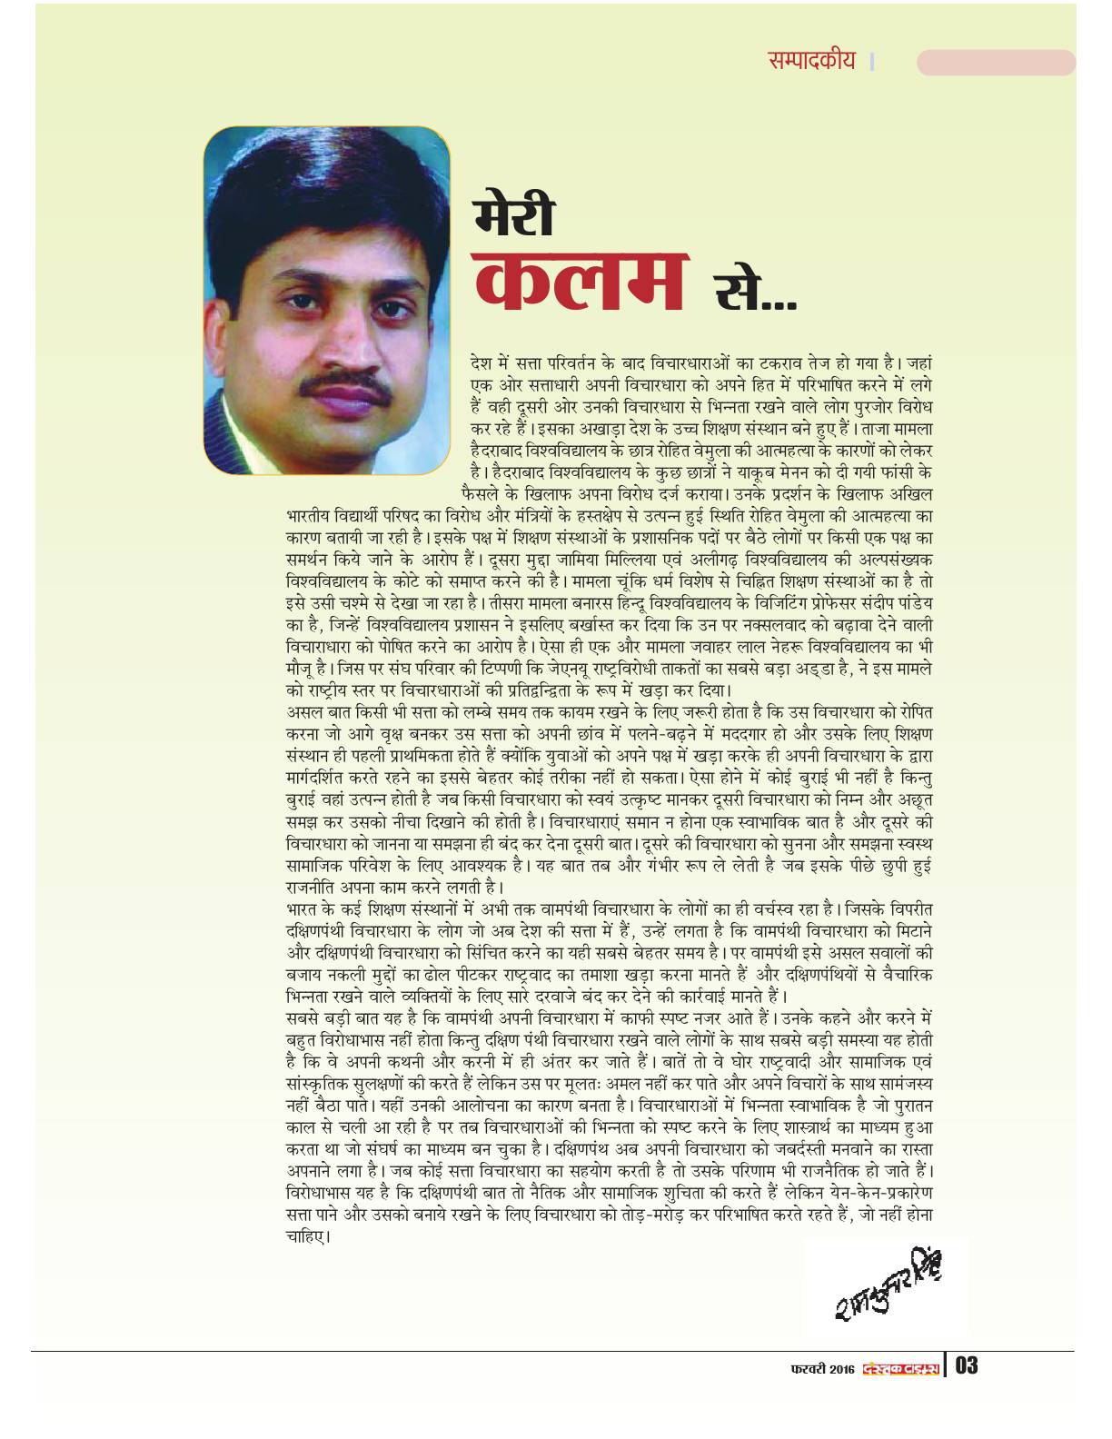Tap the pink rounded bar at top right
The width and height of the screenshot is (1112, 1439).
(996, 62)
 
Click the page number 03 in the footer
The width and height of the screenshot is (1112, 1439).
(967, 1365)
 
